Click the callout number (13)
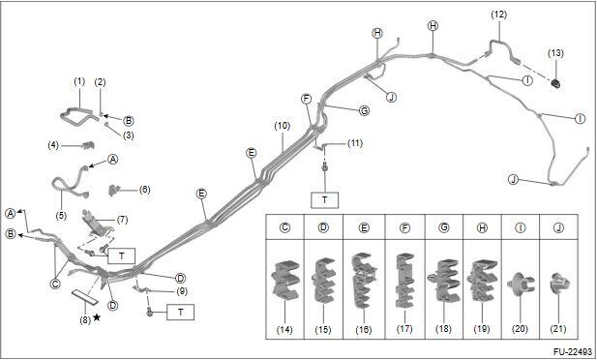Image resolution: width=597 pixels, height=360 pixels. (x=555, y=53)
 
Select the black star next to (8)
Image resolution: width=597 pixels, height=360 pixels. (x=97, y=317)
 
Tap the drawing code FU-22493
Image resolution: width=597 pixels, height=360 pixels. (x=573, y=351)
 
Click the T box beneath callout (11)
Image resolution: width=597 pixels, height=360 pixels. (x=324, y=200)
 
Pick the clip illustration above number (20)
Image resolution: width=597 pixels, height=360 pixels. (x=521, y=285)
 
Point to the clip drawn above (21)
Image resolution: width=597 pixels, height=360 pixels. (x=558, y=284)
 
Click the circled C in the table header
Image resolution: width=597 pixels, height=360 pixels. (x=284, y=227)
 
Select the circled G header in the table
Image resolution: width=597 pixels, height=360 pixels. (x=443, y=227)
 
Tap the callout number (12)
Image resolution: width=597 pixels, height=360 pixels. (x=498, y=15)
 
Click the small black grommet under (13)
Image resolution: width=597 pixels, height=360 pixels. (x=556, y=83)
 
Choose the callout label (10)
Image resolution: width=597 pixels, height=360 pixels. (x=283, y=126)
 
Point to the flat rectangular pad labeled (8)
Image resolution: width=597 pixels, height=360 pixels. (x=84, y=297)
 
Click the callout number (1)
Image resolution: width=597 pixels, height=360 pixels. (x=79, y=81)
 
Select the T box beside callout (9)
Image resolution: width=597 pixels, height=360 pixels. (x=181, y=312)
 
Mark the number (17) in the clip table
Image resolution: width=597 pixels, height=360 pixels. (x=403, y=328)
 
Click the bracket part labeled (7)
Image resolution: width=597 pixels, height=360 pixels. (x=97, y=223)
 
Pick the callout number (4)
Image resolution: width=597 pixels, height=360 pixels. (x=53, y=145)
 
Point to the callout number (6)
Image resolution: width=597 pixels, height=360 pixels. (x=144, y=190)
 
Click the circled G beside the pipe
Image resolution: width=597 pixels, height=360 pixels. (x=365, y=111)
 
